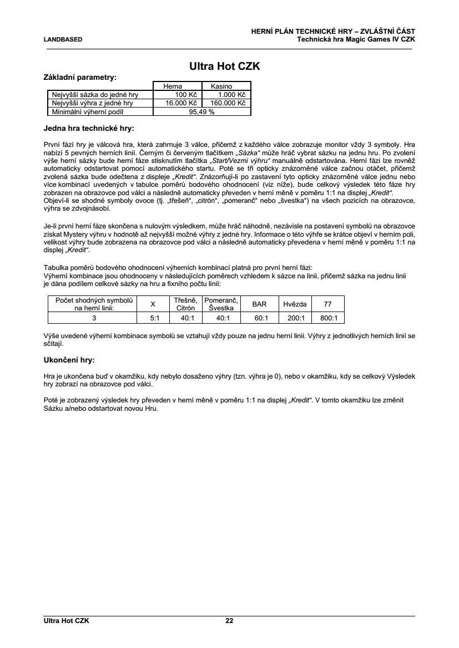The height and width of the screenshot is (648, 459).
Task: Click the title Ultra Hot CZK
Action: click(x=225, y=67)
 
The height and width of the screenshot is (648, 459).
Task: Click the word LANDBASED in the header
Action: click(x=63, y=39)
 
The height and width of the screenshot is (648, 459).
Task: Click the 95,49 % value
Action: click(x=201, y=111)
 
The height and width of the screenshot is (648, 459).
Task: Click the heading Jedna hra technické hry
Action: click(x=89, y=129)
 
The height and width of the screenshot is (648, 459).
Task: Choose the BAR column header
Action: click(x=259, y=304)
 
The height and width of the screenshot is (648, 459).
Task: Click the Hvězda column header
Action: click(x=295, y=304)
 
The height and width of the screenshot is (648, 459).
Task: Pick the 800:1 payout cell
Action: click(x=328, y=318)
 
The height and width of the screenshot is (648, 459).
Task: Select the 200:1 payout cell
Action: click(x=295, y=318)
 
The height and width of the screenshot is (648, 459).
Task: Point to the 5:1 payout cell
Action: click(x=155, y=318)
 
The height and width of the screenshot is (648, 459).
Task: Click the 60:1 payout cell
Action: click(x=259, y=318)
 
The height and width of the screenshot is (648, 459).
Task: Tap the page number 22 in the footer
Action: click(x=229, y=621)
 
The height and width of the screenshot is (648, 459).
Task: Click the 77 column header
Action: click(x=328, y=304)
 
